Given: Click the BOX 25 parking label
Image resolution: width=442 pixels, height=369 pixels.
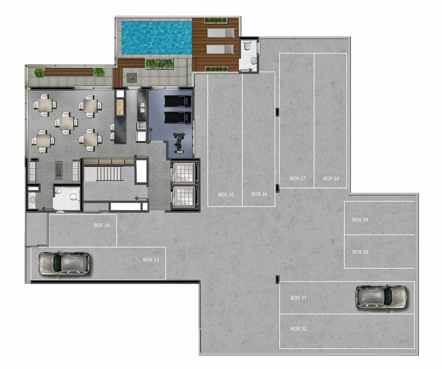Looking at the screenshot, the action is tap(226, 194).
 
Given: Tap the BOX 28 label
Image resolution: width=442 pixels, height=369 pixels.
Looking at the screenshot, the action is tap(331, 179).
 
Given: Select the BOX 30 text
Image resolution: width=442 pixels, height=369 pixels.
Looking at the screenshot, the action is tap(360, 252).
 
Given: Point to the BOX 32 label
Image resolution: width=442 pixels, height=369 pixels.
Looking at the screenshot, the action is tap(298, 329).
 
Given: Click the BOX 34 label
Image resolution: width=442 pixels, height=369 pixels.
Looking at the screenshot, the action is tap(102, 225).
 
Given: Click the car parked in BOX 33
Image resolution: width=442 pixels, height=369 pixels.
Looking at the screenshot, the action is tap(64, 263).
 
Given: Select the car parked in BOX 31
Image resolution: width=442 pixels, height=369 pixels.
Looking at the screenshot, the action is tap(381, 297).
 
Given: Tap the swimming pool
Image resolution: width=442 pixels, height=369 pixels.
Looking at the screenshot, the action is tap(157, 38).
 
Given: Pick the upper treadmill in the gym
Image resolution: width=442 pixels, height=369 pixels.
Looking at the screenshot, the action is tap(178, 101).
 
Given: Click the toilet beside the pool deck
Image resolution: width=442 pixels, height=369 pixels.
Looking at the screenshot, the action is tap(247, 46).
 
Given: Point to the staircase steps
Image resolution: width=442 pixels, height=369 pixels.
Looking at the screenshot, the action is tap(109, 174).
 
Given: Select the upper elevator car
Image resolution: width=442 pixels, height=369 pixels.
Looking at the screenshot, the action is tap(184, 173).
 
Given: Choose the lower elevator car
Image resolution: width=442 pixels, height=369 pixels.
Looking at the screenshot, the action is tap(184, 196).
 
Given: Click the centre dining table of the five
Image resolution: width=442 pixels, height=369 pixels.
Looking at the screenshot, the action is tap(66, 123).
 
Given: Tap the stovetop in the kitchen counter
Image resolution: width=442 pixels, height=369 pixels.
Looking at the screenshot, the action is tap(141, 126).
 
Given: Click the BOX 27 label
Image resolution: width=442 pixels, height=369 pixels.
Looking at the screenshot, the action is tap(298, 179).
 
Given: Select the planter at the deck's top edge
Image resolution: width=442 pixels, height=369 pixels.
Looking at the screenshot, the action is tap(216, 21).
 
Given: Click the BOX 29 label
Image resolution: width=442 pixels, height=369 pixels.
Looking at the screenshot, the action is tap(360, 220).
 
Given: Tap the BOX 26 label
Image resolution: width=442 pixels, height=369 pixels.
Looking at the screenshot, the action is tap(259, 194).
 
